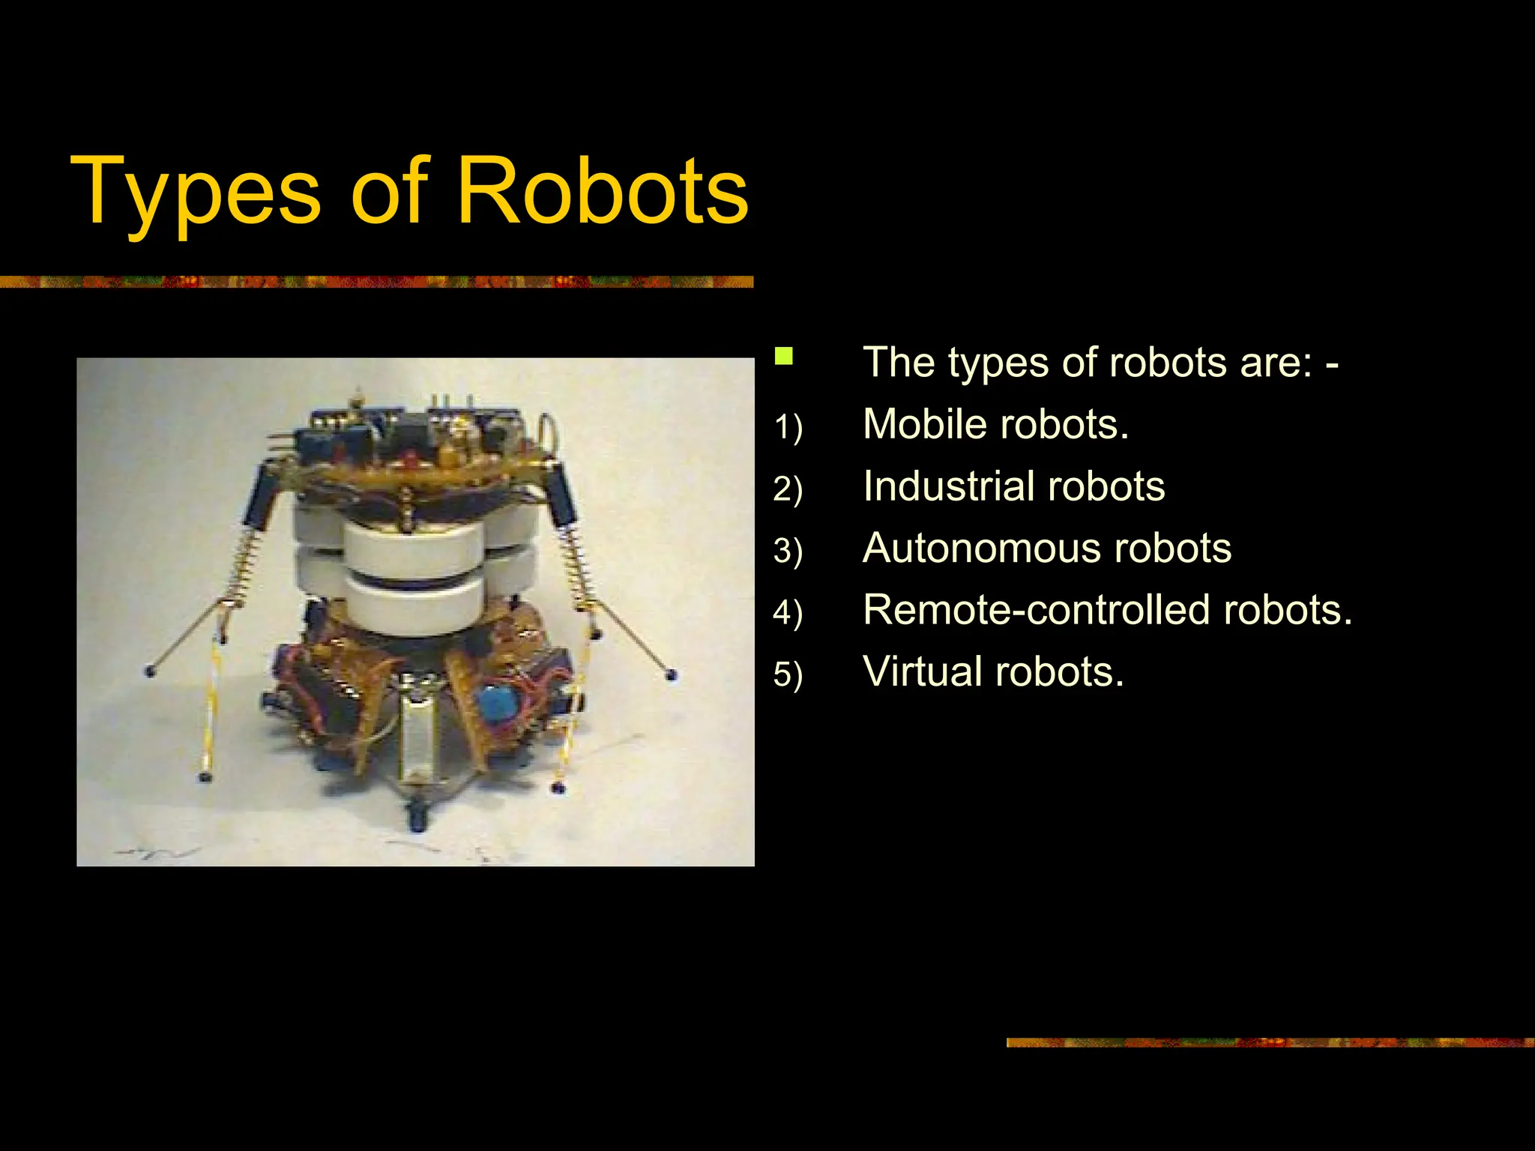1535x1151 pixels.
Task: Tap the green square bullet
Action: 783,356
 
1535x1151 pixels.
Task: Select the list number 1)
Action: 788,428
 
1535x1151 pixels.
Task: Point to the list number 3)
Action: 788,551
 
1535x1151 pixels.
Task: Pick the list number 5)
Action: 788,674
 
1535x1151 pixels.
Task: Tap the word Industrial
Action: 949,486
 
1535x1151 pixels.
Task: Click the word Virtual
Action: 921,671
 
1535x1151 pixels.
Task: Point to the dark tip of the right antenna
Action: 671,675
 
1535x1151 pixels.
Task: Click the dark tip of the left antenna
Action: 150,670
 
